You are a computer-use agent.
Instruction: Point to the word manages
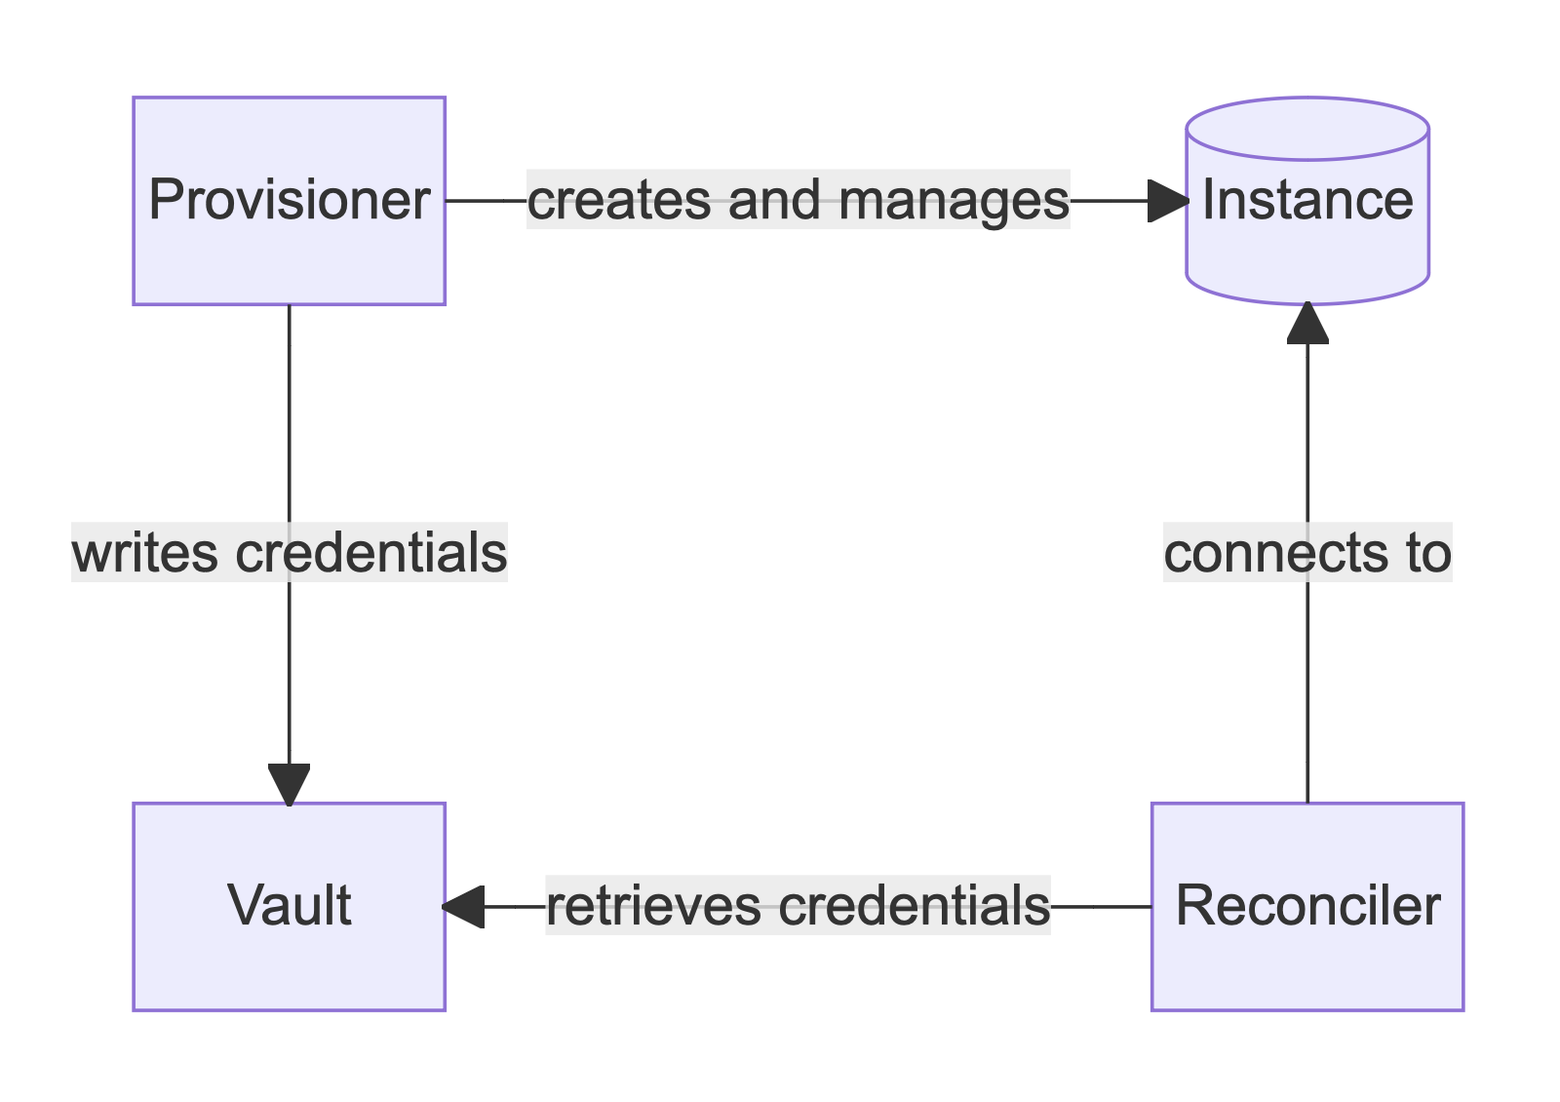tap(954, 201)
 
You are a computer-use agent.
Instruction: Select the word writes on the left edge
tap(144, 553)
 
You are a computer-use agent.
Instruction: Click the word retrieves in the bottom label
tap(653, 906)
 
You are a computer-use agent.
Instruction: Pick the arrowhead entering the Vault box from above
tap(290, 784)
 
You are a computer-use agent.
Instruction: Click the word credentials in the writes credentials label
tap(370, 553)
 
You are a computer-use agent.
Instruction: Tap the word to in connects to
tap(1427, 553)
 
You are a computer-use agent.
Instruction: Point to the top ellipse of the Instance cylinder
tap(1307, 128)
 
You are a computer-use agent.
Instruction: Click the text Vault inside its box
tap(289, 906)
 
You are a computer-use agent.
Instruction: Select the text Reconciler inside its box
tap(1307, 906)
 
